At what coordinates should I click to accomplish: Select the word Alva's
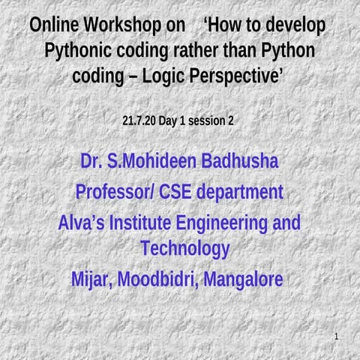pyautogui.click(x=82, y=223)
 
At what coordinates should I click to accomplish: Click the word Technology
pyautogui.click(x=184, y=248)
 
